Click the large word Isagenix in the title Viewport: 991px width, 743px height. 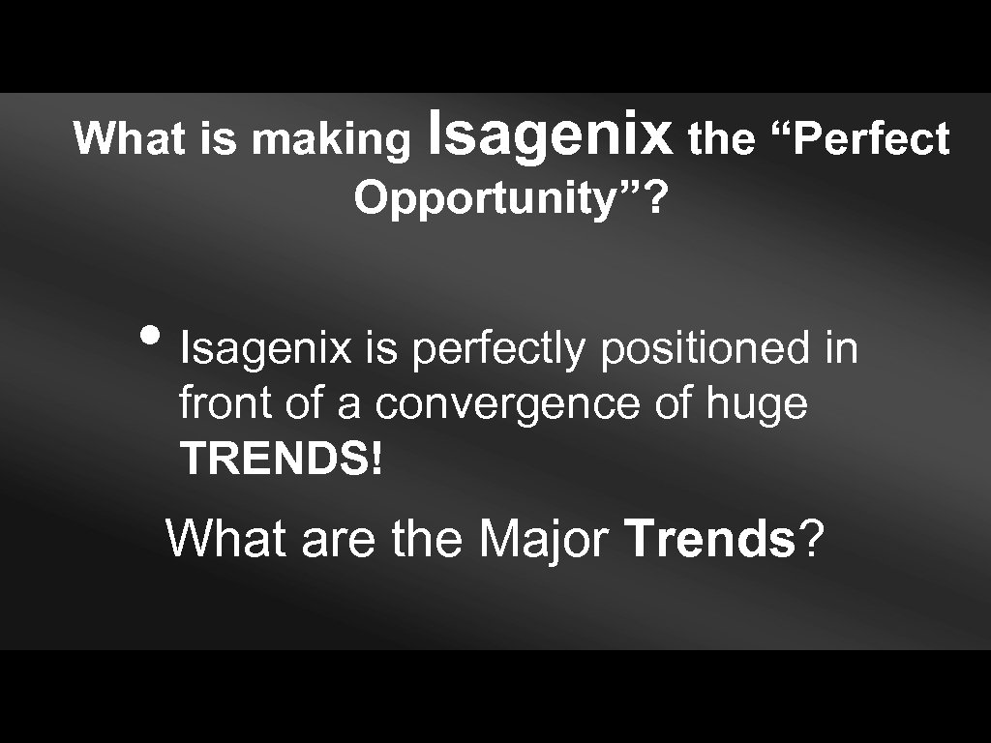point(549,136)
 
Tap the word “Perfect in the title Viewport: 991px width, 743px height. point(859,140)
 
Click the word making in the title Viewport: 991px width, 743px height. point(331,140)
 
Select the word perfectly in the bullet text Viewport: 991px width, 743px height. point(497,349)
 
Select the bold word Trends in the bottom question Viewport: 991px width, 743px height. point(709,539)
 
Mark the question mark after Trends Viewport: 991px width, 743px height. point(812,539)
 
